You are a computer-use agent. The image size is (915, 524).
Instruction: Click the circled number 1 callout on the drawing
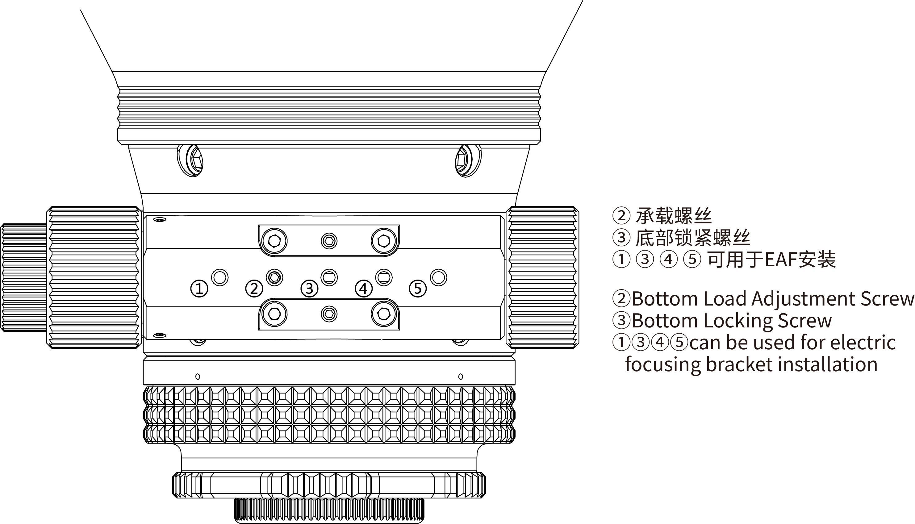tap(199, 289)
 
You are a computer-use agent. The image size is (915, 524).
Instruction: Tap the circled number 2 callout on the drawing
tap(254, 289)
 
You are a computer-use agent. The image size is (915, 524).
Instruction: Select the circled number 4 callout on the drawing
tap(364, 289)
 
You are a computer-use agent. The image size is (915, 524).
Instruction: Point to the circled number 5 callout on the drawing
tap(418, 289)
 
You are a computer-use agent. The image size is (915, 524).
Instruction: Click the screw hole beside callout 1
tap(219, 277)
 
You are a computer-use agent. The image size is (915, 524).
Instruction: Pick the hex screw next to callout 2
tap(274, 277)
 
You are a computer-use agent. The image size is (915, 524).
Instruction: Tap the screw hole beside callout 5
tap(438, 277)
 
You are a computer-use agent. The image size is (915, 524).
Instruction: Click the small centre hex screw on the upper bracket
tap(329, 241)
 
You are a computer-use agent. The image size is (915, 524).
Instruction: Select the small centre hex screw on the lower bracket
tap(329, 314)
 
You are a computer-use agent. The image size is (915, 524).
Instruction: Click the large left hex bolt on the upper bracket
tap(274, 241)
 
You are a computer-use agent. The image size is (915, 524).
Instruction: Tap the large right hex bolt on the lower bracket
tap(384, 314)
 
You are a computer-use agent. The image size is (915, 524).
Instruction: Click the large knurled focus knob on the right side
tap(542, 277)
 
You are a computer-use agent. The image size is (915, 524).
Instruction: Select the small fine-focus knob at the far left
tap(24, 277)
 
